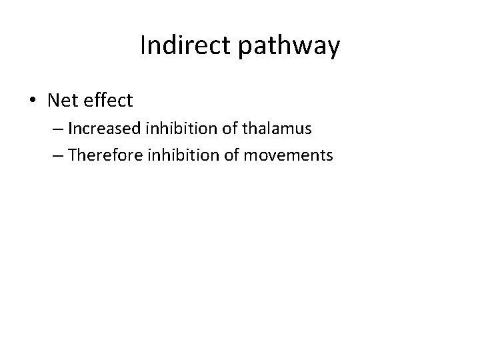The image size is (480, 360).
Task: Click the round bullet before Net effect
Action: coord(33,101)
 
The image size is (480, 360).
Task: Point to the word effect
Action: coord(109,101)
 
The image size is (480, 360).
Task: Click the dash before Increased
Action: coord(57,129)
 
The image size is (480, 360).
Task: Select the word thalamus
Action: coord(265,128)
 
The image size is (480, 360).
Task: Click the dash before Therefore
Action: coord(57,155)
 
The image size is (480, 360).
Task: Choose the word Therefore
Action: coord(98,155)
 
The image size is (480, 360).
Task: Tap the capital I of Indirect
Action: coord(143,45)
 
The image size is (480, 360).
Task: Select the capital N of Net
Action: coord(53,101)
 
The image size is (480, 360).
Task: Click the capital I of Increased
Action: coord(70,128)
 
